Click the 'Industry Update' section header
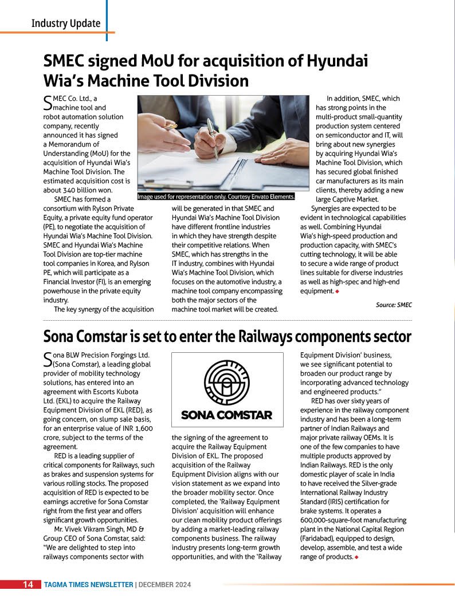click(x=66, y=23)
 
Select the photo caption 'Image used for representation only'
click(x=216, y=196)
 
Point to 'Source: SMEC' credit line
click(x=394, y=305)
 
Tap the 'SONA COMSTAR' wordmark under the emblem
click(x=226, y=415)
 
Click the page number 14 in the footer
click(x=28, y=585)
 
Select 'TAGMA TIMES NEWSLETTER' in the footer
click(x=89, y=585)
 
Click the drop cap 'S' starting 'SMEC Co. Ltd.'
click(x=48, y=103)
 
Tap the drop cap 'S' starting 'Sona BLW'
click(x=48, y=359)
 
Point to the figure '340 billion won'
click(x=87, y=190)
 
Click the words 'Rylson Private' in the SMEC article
click(x=108, y=208)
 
